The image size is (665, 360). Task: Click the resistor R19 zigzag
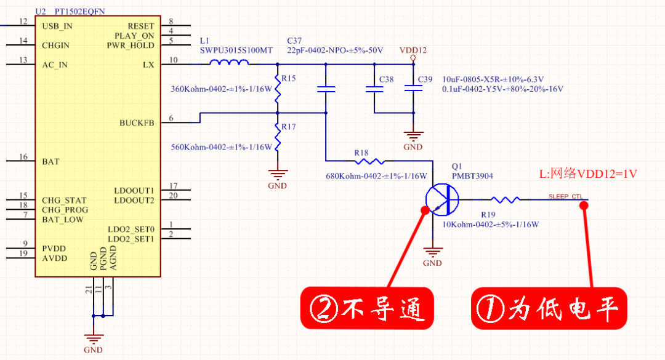[x=506, y=199]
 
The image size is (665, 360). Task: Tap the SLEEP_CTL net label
[x=565, y=196]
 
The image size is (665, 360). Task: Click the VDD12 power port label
[x=413, y=50]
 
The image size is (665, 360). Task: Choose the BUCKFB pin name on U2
[x=137, y=123]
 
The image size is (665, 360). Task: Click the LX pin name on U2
[x=148, y=65]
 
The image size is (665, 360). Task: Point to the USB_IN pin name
[x=57, y=26]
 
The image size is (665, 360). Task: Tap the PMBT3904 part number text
[x=472, y=176]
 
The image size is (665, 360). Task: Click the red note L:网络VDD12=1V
[x=587, y=174]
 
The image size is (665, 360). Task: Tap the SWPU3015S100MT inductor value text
[x=236, y=50]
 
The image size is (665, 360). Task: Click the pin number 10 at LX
[x=173, y=60]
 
